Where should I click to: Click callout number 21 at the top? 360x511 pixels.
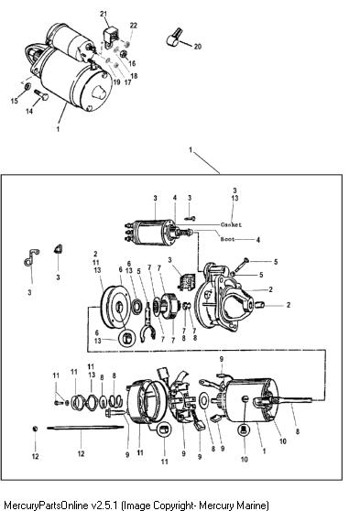pos(104,14)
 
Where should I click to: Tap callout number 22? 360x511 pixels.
pos(134,26)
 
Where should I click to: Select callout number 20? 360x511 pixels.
pos(198,47)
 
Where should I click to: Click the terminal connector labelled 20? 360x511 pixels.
pos(173,38)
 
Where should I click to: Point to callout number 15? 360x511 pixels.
pos(14,101)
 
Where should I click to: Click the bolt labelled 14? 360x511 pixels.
pos(41,95)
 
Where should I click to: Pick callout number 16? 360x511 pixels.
pos(132,63)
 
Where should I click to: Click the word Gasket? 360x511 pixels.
pos(231,224)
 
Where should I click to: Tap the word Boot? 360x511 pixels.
pos(227,239)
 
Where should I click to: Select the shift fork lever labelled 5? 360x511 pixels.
pos(148,321)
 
